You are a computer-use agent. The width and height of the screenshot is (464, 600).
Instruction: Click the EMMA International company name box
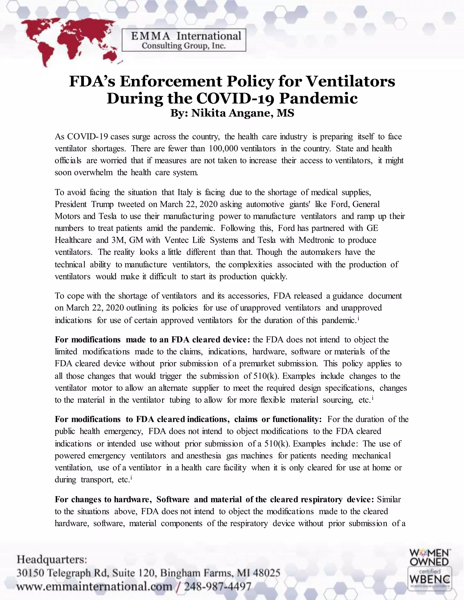point(184,40)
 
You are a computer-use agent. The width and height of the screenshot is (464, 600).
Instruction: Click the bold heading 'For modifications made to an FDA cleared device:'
point(152,340)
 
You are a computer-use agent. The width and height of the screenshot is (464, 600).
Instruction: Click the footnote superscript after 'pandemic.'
point(359,319)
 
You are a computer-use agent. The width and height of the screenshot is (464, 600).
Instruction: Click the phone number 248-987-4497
point(217,587)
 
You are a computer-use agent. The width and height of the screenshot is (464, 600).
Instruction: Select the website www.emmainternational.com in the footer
point(94,587)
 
